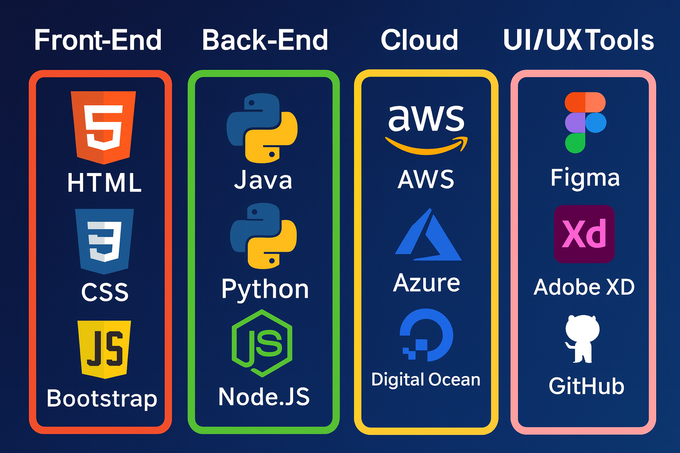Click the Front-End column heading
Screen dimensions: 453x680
tap(98, 40)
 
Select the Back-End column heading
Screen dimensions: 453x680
tap(265, 40)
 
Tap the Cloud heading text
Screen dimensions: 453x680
tap(419, 40)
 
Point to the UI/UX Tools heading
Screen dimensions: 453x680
tap(578, 40)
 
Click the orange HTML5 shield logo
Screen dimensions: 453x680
tap(104, 126)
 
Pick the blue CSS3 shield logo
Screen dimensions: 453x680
tap(104, 240)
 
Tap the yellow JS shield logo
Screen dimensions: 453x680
tap(104, 349)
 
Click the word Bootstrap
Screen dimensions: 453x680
tap(102, 398)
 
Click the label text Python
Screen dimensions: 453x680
tap(265, 290)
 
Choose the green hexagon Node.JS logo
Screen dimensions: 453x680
tap(262, 343)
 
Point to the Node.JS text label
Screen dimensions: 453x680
tap(264, 396)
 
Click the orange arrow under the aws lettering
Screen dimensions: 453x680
tap(426, 146)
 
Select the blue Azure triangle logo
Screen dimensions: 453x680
tap(428, 236)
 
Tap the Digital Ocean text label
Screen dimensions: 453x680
tap(425, 380)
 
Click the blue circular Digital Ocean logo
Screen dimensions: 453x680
tap(426, 335)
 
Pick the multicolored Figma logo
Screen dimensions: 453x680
tap(585, 123)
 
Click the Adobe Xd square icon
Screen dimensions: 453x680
tap(584, 234)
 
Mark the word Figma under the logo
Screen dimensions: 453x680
tap(585, 178)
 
